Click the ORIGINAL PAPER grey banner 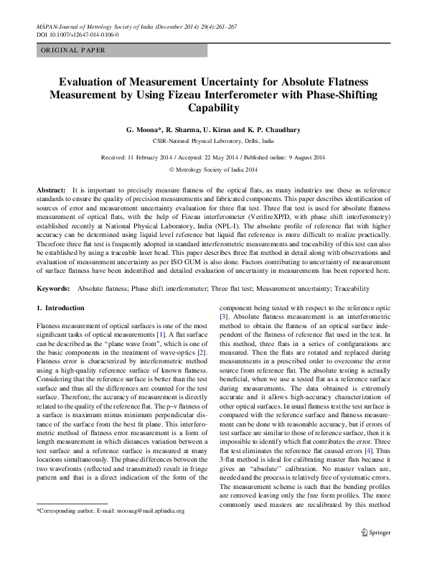coord(121,50)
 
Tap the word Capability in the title coord(212,108)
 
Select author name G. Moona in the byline coord(147,130)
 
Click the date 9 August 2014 coord(305,157)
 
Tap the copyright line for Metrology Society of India coord(213,170)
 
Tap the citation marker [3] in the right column coord(224,316)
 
